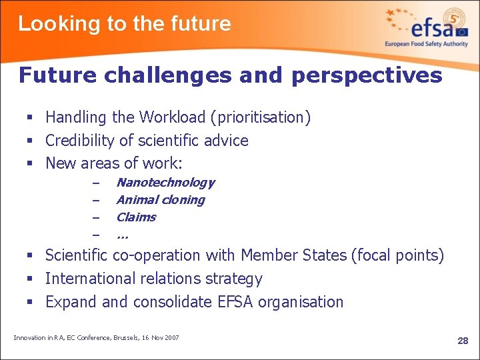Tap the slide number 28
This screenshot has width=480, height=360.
(463, 341)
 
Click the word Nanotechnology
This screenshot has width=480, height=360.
(165, 182)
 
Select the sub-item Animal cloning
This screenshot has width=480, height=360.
(160, 199)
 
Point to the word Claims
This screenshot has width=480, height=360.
(135, 217)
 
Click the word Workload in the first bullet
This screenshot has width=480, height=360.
(173, 117)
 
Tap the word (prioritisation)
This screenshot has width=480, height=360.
(261, 118)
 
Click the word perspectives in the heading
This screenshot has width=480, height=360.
(366, 75)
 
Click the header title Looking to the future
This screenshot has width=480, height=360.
(124, 24)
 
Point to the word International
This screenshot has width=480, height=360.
(87, 279)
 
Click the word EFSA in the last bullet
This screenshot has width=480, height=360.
(235, 302)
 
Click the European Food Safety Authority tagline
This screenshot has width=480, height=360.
(427, 44)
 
